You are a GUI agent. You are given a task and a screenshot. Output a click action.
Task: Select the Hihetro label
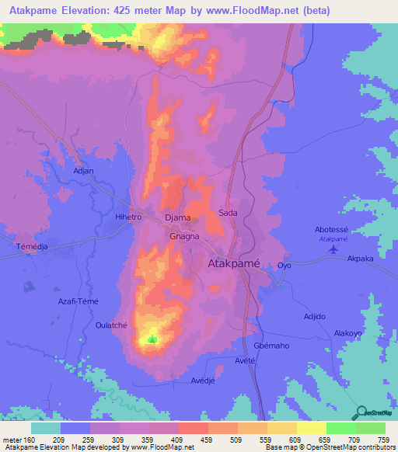(x=128, y=217)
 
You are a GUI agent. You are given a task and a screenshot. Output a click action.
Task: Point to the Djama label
(x=179, y=218)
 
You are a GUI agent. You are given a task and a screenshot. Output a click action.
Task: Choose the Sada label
(x=228, y=212)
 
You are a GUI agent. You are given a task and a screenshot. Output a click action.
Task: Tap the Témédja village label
(x=33, y=246)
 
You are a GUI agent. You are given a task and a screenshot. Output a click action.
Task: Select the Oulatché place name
(x=110, y=325)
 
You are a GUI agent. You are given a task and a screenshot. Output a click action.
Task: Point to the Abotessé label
(x=333, y=230)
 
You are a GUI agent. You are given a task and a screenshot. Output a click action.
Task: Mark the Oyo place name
(x=285, y=266)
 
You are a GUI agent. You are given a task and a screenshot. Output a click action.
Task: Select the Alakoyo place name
(x=348, y=332)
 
